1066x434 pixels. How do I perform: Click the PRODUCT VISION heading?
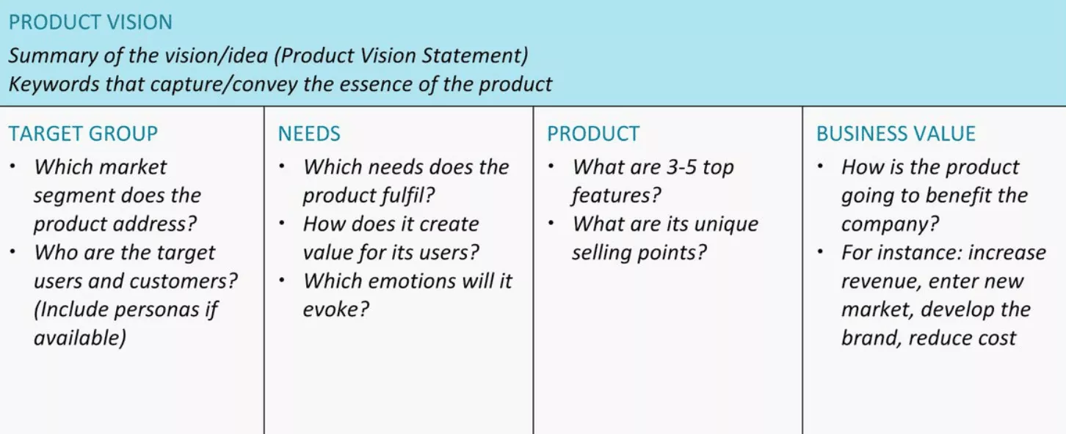point(90,22)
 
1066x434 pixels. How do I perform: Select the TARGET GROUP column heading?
point(83,133)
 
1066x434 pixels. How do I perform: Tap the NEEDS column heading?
point(309,133)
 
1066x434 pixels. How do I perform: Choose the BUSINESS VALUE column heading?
point(896,133)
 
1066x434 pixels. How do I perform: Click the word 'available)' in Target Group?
point(81,338)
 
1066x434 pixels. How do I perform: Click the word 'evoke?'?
point(336,309)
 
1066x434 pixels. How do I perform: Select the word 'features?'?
point(617,195)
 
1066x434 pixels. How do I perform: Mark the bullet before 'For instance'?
point(821,252)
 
